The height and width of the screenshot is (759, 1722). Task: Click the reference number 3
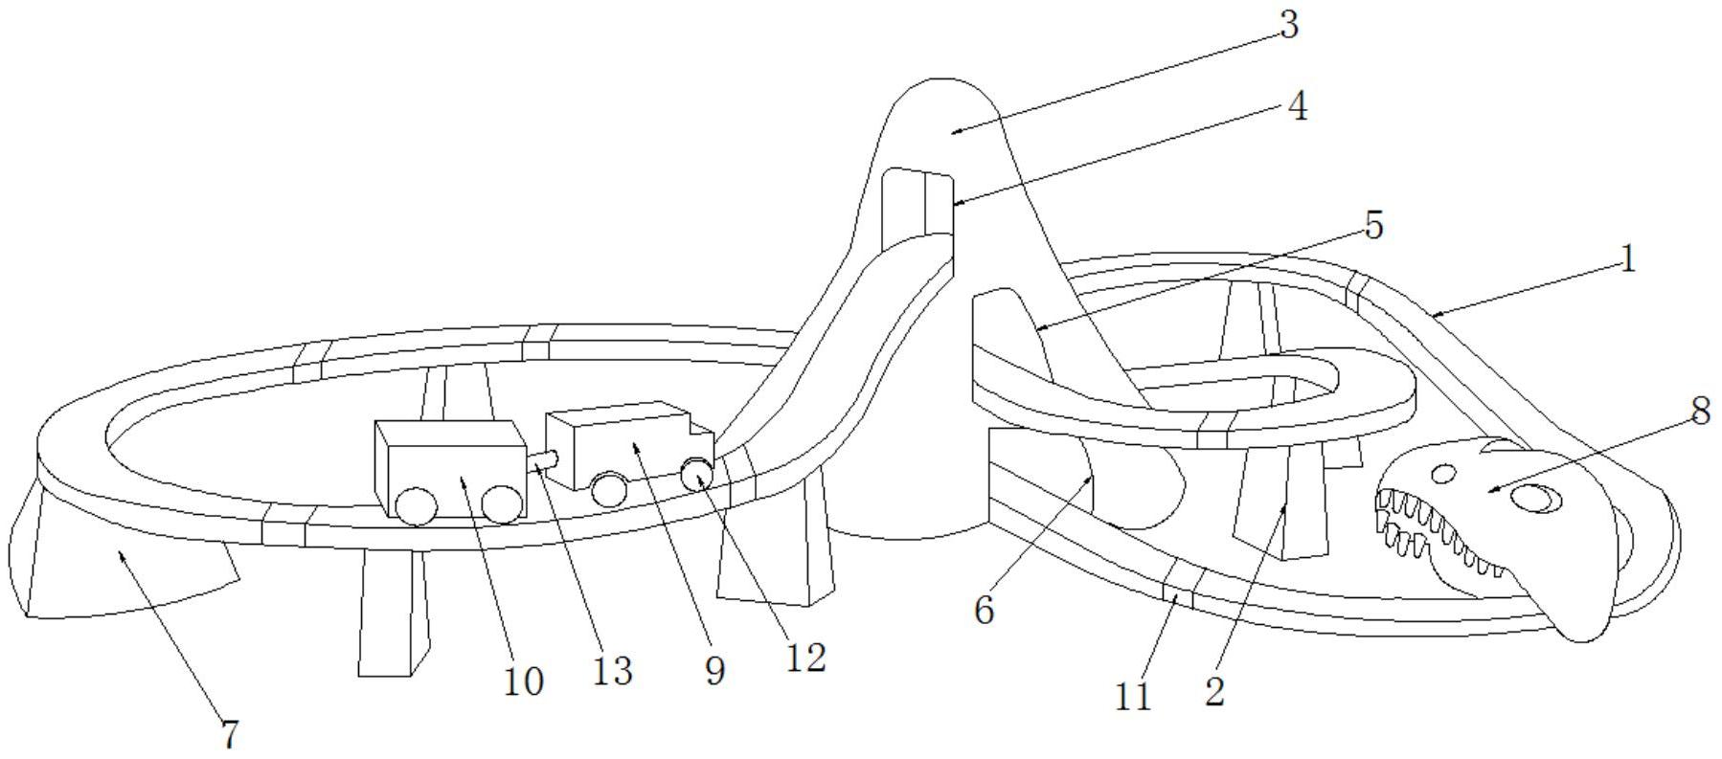[1289, 26]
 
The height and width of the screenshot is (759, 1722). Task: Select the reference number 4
[1297, 106]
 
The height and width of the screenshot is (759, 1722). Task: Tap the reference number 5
[1373, 226]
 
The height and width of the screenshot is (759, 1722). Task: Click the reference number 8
[1700, 412]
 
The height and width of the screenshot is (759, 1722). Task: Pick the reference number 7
[229, 734]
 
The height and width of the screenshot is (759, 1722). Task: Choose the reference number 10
[523, 681]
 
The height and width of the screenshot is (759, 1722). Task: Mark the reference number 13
[612, 672]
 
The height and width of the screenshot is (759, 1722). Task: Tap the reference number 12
[805, 658]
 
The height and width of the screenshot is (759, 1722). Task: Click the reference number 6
[985, 610]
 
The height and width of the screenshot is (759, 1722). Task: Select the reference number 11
[1133, 697]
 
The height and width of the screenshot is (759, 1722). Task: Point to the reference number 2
[1214, 692]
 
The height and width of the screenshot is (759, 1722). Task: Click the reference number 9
[715, 671]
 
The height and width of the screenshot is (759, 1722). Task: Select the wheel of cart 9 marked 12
[696, 473]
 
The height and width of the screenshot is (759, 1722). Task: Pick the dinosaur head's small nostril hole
[1444, 473]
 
